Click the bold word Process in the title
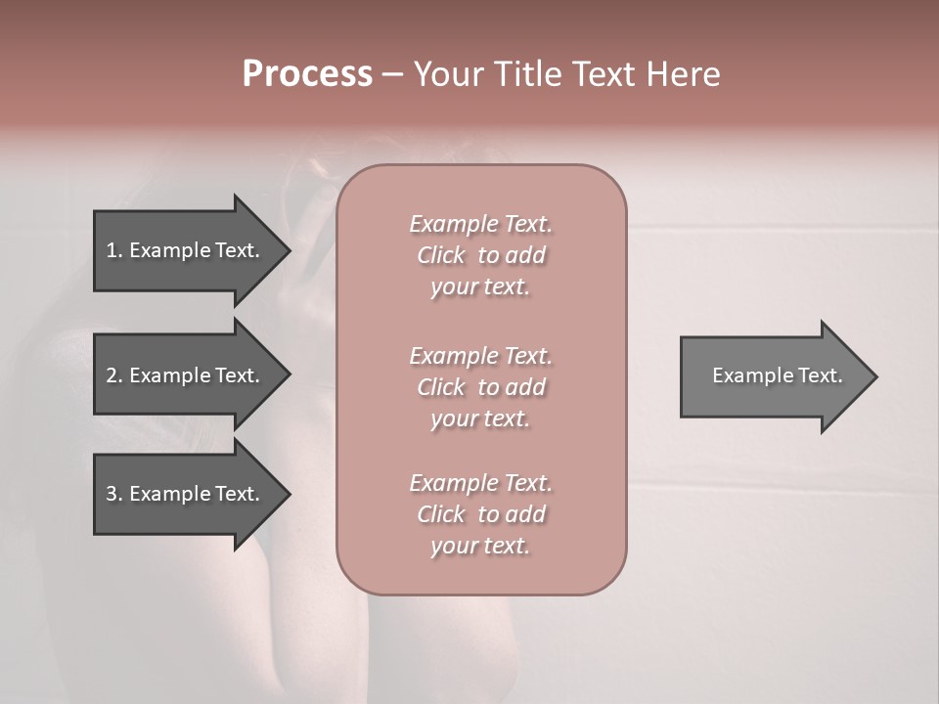click(307, 74)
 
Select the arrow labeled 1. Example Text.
click(186, 250)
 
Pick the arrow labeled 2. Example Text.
click(186, 375)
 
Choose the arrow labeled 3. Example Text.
click(186, 494)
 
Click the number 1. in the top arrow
click(114, 250)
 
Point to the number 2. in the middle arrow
click(114, 375)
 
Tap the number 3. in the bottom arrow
click(114, 494)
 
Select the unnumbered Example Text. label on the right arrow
click(777, 375)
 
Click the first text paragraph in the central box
click(480, 255)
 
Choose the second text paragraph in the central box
click(480, 387)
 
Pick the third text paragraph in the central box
click(480, 514)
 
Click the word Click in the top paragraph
click(441, 255)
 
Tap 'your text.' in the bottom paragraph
click(480, 546)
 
